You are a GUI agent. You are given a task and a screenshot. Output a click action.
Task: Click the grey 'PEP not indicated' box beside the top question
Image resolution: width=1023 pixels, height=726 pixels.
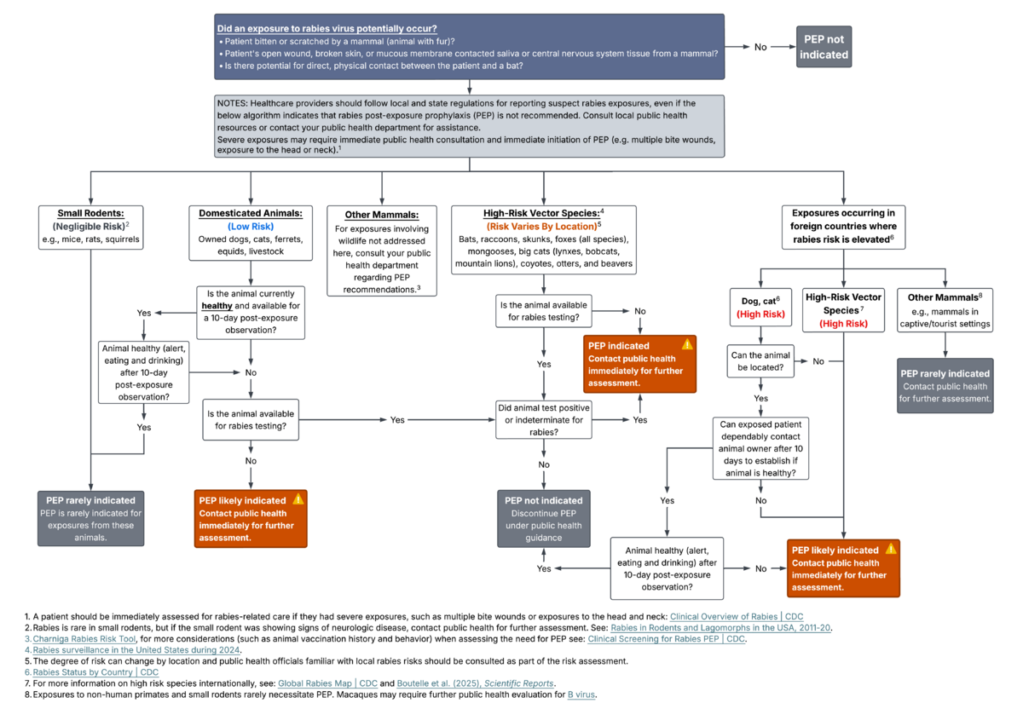(x=824, y=47)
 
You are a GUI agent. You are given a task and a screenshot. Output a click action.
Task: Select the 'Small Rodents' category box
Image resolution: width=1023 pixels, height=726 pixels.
(x=91, y=227)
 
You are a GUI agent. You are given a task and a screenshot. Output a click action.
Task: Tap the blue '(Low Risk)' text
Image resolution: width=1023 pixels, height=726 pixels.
(x=251, y=227)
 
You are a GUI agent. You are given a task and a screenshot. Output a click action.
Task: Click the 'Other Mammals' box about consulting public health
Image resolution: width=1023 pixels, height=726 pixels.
(x=382, y=251)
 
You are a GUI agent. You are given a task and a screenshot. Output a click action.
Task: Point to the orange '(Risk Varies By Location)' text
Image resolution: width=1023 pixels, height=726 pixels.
(x=541, y=227)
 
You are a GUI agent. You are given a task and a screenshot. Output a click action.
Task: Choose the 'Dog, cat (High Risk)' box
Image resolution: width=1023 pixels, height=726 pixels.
(x=760, y=308)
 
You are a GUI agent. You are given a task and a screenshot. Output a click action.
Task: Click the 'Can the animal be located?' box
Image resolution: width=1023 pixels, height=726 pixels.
(x=760, y=361)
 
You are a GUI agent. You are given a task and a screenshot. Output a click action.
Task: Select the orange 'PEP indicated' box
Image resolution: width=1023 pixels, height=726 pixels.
(x=640, y=364)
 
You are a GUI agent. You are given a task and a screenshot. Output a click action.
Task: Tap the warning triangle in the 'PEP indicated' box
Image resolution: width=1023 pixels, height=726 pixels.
(x=687, y=344)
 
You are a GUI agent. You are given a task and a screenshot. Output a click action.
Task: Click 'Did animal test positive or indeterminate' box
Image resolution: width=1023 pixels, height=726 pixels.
(x=544, y=419)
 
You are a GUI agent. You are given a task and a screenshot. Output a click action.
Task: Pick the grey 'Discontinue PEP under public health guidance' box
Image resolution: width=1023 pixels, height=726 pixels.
(x=544, y=519)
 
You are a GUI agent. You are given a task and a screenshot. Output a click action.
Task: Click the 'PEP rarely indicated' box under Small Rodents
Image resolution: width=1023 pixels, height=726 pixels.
(x=91, y=519)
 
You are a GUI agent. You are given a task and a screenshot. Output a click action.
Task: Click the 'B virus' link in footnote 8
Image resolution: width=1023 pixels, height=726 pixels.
(x=581, y=694)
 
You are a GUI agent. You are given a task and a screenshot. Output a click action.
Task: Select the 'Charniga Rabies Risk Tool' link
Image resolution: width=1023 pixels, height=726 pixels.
(x=84, y=639)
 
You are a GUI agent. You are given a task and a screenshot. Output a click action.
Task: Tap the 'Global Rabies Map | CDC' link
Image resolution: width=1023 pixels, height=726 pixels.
(x=327, y=683)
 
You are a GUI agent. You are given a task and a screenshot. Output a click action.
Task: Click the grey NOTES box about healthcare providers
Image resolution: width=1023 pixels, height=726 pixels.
(x=470, y=126)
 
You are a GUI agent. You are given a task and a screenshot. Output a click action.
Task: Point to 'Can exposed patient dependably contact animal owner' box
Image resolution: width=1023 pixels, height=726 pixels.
(x=760, y=448)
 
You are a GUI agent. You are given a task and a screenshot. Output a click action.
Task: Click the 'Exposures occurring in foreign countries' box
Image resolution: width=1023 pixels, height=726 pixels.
(x=843, y=227)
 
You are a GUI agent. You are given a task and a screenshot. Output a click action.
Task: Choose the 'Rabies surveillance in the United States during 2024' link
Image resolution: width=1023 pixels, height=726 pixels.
(x=136, y=650)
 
